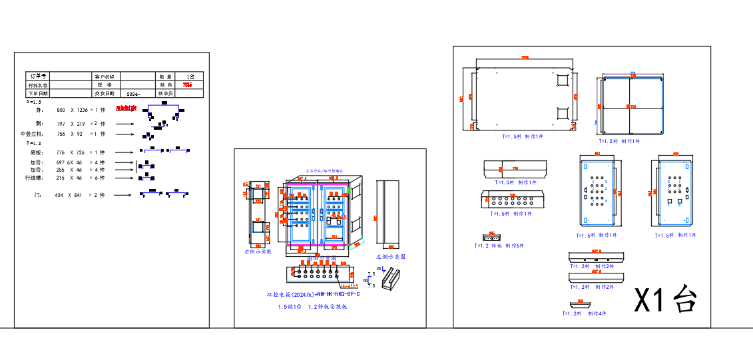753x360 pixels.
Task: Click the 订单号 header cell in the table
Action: point(38,77)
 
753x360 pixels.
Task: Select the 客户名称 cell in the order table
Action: point(105,77)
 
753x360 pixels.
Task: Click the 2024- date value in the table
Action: point(133,94)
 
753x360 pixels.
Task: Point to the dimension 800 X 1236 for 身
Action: point(72,110)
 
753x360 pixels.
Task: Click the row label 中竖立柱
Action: point(32,134)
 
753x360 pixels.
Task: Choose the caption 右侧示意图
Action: point(258,252)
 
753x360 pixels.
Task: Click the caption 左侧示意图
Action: point(390,256)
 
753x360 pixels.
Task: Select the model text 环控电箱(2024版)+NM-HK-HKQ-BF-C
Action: point(313,294)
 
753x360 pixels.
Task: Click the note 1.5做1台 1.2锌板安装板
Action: point(312,307)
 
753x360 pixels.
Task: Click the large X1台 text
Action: point(665,300)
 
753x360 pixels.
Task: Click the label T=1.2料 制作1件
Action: point(619,141)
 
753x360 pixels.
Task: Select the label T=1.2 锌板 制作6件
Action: point(499,246)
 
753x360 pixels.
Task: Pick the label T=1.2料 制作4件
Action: point(584,313)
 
